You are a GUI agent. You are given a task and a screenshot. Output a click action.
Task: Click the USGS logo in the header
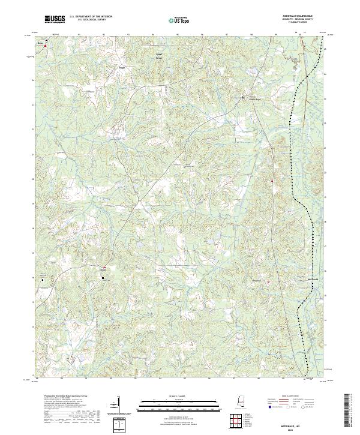point(56,20)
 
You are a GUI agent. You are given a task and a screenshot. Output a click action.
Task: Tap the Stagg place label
point(122,67)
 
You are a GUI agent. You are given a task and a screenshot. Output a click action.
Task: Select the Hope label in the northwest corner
point(40,43)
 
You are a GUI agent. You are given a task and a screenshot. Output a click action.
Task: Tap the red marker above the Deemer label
point(104,266)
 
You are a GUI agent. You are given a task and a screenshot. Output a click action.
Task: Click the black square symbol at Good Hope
point(243,97)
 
